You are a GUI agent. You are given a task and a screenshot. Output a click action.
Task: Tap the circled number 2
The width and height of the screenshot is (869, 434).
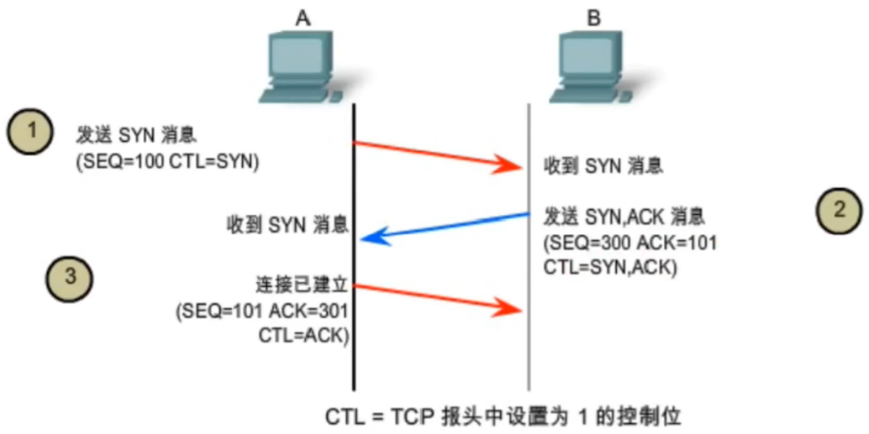pyautogui.click(x=838, y=210)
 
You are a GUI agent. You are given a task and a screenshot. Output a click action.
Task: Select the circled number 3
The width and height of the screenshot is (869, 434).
pyautogui.click(x=68, y=277)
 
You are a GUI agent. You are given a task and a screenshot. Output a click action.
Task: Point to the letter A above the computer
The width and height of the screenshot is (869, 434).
pyautogui.click(x=304, y=17)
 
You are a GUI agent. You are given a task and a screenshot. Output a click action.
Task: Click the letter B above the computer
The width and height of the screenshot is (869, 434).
pyautogui.click(x=593, y=17)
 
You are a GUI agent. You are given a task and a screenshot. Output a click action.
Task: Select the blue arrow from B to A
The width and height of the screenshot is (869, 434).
pyautogui.click(x=445, y=227)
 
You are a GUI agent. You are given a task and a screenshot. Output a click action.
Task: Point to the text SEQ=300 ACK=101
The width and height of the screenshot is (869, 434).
pyautogui.click(x=630, y=244)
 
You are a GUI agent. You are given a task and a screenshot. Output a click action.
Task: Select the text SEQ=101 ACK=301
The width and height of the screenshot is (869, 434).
pyautogui.click(x=261, y=311)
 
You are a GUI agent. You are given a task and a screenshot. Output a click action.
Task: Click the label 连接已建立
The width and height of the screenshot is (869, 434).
pyautogui.click(x=301, y=284)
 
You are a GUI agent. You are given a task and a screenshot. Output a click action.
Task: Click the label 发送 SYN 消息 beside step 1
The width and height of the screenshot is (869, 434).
pyautogui.click(x=137, y=134)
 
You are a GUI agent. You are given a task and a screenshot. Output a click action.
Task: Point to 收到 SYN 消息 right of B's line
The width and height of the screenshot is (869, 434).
pyautogui.click(x=603, y=165)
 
